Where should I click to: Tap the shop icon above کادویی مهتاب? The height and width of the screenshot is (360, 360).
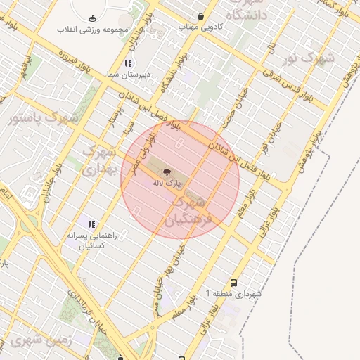click(201, 16)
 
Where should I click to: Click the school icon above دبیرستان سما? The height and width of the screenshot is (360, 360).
click(127, 63)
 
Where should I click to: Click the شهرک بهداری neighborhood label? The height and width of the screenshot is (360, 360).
click(99, 160)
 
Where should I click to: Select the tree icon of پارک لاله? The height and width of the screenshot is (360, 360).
click(167, 172)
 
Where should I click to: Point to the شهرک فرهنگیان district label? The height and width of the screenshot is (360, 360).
click(187, 210)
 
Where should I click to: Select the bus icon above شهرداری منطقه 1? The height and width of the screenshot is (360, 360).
click(234, 281)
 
